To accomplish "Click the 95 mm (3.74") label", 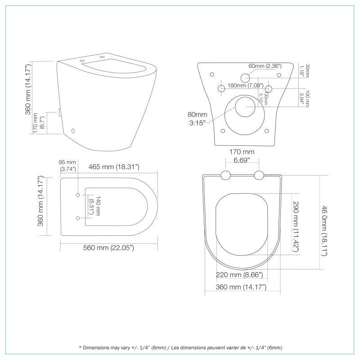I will point(68,166).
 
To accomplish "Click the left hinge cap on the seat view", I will point(226,175).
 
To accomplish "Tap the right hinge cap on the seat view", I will point(259,175).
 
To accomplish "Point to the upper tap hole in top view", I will point(78,194).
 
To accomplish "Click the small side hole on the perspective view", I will point(74,131).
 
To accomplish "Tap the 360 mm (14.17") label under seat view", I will point(242,287).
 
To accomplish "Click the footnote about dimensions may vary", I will point(180,347).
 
